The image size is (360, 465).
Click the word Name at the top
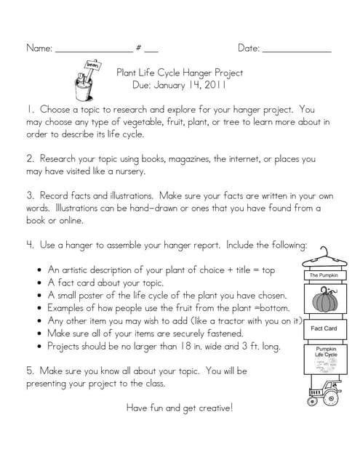pyautogui.click(x=39, y=49)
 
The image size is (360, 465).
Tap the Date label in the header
pyautogui.click(x=248, y=49)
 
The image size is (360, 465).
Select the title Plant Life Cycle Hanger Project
pyautogui.click(x=180, y=73)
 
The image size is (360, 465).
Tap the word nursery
pyautogui.click(x=129, y=172)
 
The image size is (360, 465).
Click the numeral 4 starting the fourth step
pyautogui.click(x=30, y=245)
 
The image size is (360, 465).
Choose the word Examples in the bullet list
pyautogui.click(x=69, y=308)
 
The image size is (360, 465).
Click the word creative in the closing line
pyautogui.click(x=212, y=408)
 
